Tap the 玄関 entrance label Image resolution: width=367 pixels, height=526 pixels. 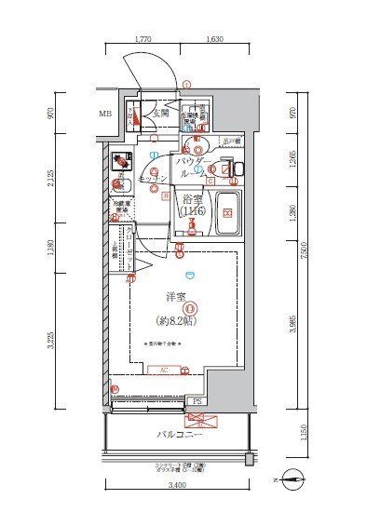[161, 114]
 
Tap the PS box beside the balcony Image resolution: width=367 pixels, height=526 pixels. [197, 402]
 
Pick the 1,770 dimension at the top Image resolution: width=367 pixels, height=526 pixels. [143, 40]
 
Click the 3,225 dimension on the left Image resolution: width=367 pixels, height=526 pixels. [61, 341]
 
